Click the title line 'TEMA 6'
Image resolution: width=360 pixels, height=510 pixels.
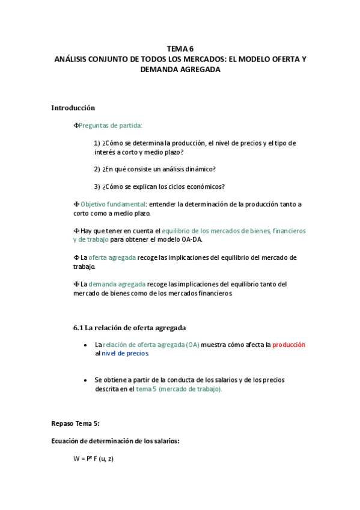point(180,49)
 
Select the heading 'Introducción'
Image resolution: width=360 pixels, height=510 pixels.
point(73,108)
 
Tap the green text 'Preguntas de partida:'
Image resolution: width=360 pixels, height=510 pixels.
point(111,125)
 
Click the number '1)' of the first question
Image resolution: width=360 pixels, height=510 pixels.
point(97,143)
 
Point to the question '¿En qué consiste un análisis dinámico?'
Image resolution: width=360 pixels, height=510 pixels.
point(159,169)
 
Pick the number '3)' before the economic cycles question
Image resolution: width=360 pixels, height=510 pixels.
point(97,186)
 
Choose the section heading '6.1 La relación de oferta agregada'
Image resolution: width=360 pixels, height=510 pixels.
point(129,328)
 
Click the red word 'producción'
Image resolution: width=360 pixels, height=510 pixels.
point(288,345)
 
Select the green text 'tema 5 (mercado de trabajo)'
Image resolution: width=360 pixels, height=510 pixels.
point(178,389)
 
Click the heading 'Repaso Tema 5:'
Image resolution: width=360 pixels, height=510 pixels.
point(76,423)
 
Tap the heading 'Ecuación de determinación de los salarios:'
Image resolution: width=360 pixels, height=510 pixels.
point(115,441)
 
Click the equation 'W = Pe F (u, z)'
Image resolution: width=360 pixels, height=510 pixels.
point(93,459)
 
